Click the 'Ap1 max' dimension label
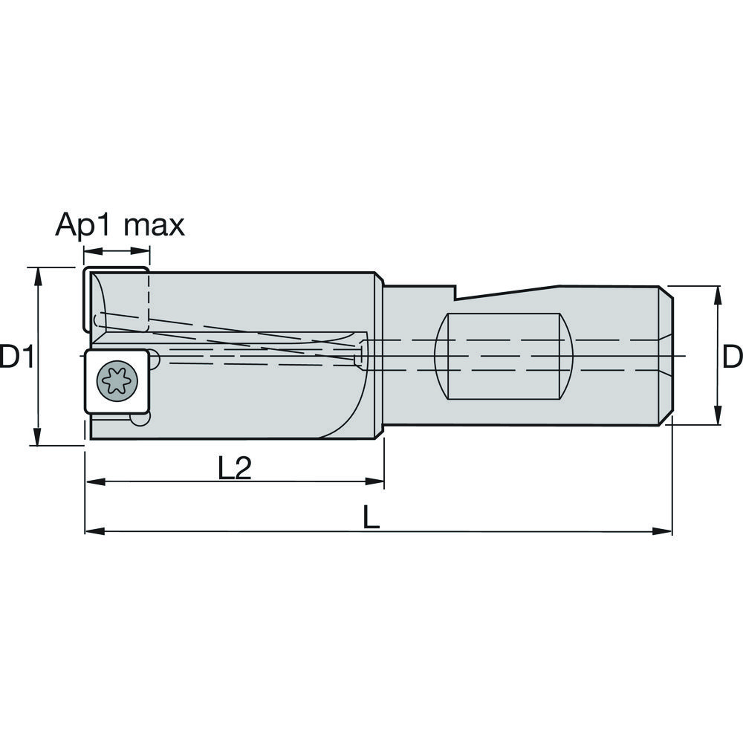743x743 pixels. [120, 224]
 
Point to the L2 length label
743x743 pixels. [235, 468]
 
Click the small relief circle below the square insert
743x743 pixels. [137, 420]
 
